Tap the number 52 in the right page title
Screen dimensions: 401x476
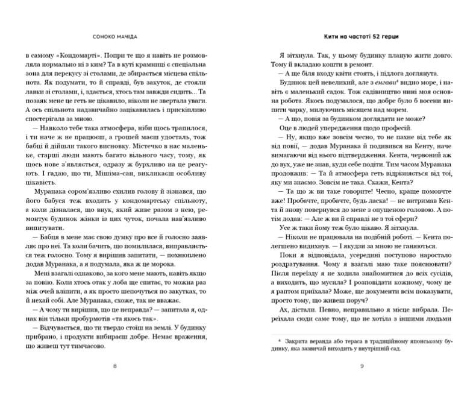click(370, 34)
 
